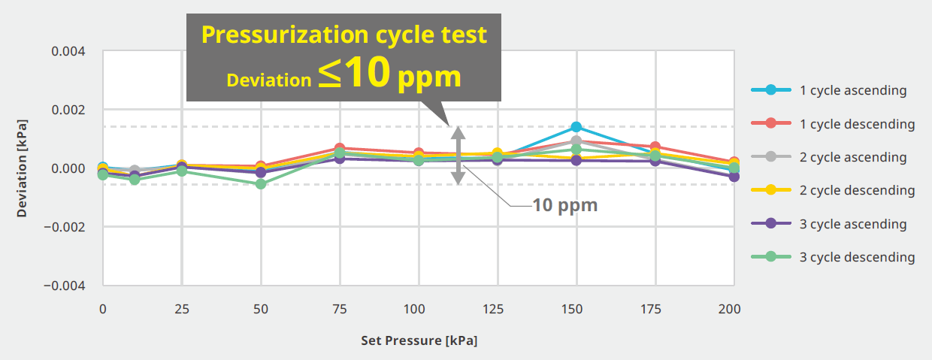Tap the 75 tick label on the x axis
(x=339, y=309)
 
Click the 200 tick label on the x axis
(x=729, y=309)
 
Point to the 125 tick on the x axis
(x=497, y=309)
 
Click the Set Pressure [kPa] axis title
(x=419, y=340)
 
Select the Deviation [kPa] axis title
(x=22, y=168)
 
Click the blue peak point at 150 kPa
(x=576, y=127)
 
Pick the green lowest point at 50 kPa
(x=261, y=183)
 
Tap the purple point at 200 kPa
(x=734, y=177)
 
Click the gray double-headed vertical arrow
(x=457, y=156)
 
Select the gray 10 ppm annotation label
(x=564, y=205)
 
